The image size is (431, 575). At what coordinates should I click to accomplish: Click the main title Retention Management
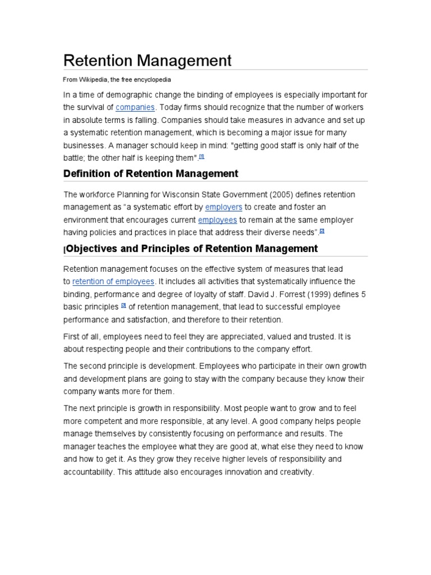tap(147, 60)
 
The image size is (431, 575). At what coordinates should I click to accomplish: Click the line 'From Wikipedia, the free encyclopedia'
tap(117, 80)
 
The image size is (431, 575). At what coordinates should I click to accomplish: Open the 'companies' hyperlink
tap(135, 107)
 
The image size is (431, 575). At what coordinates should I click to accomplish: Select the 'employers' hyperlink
tap(223, 207)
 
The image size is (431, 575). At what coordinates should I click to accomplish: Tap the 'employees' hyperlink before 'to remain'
tap(217, 220)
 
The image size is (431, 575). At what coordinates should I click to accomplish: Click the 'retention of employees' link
tap(113, 281)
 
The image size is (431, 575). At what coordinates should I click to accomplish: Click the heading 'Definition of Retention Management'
tap(150, 174)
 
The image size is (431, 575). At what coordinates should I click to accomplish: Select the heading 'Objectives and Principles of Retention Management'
tap(191, 249)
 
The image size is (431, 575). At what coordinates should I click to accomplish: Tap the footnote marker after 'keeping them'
tap(201, 157)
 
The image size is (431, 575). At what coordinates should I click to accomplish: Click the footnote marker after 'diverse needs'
tap(322, 231)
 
